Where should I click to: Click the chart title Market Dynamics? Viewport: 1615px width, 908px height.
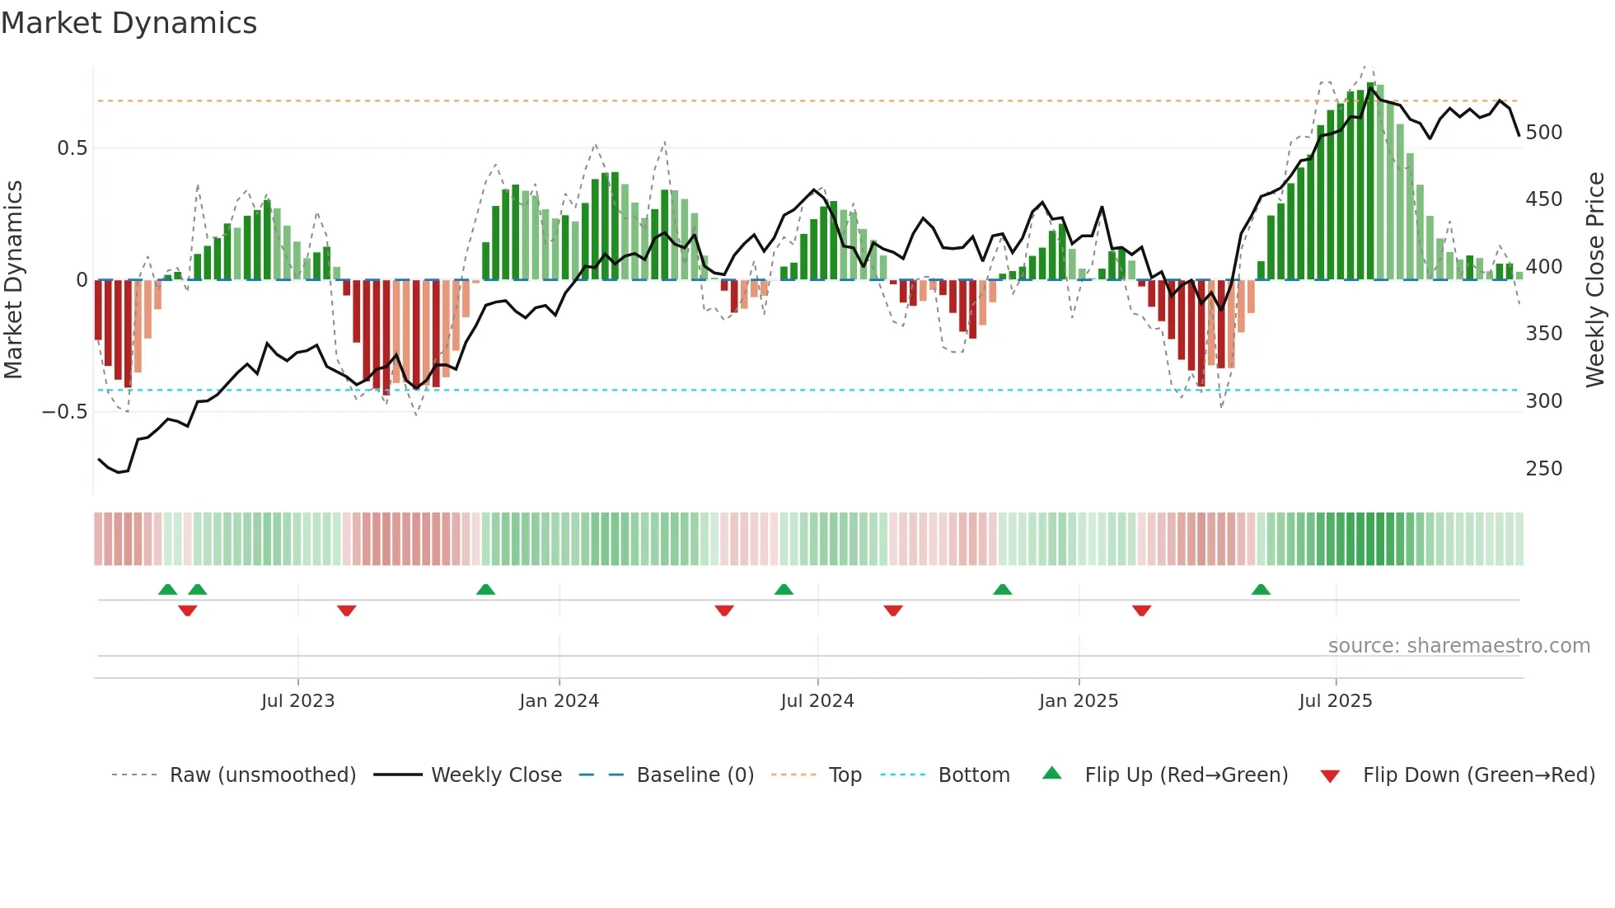tap(129, 23)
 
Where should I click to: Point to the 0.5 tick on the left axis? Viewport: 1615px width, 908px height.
tap(72, 148)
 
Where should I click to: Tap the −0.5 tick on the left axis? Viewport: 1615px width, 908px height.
tap(64, 412)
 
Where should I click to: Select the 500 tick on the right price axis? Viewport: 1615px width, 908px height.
tap(1543, 133)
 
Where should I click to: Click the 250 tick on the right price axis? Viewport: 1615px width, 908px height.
tap(1543, 469)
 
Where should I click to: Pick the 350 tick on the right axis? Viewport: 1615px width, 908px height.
tap(1543, 334)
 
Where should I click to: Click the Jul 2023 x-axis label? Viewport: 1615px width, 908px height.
tap(297, 701)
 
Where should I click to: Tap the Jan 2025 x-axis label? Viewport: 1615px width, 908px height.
tap(1078, 701)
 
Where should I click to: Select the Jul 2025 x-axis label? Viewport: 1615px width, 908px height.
tap(1335, 701)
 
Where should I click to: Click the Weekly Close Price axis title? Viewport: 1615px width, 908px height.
tap(1595, 280)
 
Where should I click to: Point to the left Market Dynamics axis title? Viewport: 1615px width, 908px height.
tap(13, 280)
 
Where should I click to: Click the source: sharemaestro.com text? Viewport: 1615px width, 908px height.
tap(1458, 646)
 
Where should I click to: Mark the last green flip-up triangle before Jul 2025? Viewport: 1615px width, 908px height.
tap(1261, 589)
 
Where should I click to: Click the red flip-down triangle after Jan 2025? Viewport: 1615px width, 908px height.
tap(1141, 611)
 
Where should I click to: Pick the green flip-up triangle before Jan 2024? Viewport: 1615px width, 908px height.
tap(485, 589)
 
